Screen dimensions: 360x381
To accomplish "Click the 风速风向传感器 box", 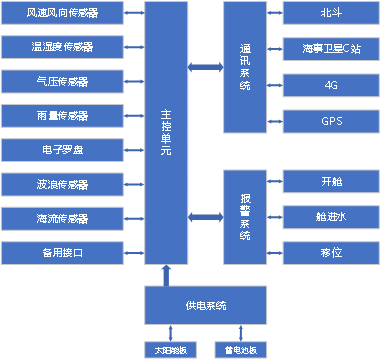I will (61, 14).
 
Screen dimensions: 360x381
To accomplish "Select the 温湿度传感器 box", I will (61, 47).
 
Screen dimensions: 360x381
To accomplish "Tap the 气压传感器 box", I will (61, 81).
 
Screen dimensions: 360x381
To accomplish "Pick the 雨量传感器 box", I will (61, 116).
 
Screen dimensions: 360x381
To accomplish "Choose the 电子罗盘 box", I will (61, 150).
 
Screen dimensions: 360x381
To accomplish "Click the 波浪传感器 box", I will (61, 185).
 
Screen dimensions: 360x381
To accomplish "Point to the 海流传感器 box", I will (61, 219).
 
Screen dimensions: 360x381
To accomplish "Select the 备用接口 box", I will (61, 253).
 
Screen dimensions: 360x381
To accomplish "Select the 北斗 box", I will (331, 14).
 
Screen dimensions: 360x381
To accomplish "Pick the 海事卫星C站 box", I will (331, 47).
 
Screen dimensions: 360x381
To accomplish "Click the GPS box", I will (331, 121).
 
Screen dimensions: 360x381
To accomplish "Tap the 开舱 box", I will (331, 182).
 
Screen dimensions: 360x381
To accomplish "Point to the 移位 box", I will (331, 253).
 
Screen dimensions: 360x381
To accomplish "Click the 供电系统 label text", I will (206, 305).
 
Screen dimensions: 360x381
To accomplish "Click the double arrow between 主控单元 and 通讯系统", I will (205, 68).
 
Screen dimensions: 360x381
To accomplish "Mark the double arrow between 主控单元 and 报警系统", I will (205, 216).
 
